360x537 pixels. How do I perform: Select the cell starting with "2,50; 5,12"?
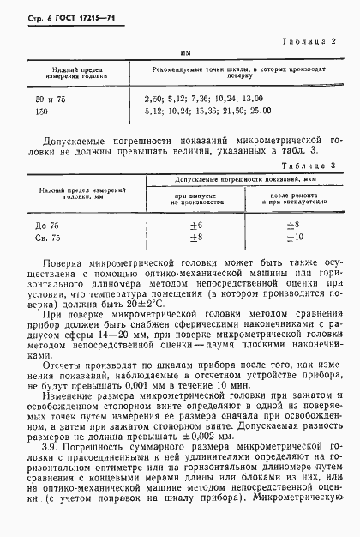click(x=203, y=100)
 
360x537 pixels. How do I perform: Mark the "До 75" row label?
click(x=39, y=226)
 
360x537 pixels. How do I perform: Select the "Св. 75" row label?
click(x=39, y=238)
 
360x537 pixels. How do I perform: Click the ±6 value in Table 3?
click(x=195, y=226)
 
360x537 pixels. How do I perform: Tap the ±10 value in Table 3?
click(x=294, y=238)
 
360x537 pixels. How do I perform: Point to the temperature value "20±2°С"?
click(x=149, y=304)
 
